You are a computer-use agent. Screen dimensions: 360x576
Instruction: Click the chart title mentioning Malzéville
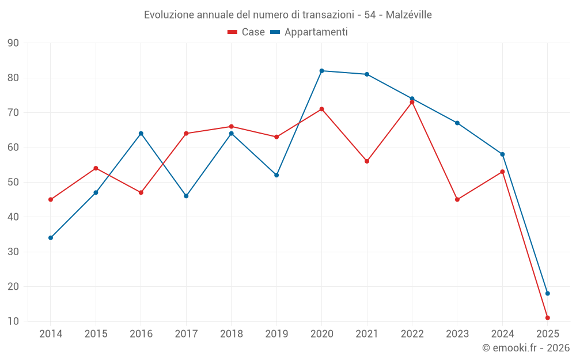pos(287,14)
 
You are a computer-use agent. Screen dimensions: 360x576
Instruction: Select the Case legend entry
pos(247,32)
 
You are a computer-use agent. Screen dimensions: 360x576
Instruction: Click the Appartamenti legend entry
pos(309,32)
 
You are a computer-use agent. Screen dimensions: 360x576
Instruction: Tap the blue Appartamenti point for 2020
pos(321,71)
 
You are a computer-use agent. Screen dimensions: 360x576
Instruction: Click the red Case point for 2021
pos(367,161)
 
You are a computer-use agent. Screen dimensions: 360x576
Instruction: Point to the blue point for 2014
pos(51,238)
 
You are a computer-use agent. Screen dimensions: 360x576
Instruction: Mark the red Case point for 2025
pos(547,318)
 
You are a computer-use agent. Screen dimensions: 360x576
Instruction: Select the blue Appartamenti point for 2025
pos(547,294)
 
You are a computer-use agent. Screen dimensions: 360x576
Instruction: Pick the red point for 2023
pos(457,200)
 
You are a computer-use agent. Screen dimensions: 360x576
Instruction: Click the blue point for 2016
pos(141,134)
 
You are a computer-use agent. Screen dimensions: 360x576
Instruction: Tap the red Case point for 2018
pos(231,127)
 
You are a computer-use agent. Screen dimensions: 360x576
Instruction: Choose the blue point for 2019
pos(276,175)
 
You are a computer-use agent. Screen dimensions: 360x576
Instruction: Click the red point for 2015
pos(96,168)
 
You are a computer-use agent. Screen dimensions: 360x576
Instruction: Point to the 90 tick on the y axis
pos(13,43)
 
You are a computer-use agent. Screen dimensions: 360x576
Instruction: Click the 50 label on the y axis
pos(13,183)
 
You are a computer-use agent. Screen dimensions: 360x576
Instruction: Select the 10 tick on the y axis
pos(13,321)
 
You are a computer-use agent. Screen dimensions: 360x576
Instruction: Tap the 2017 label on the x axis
pos(186,334)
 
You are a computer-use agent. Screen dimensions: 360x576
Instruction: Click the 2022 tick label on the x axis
pos(412,334)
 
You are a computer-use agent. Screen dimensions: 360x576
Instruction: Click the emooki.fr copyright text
pos(525,348)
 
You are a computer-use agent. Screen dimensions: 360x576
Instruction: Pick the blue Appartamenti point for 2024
pos(502,154)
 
